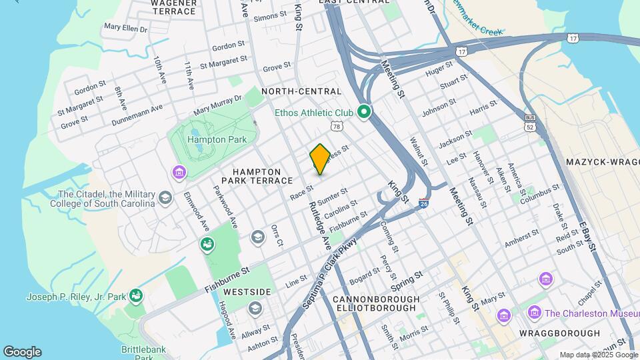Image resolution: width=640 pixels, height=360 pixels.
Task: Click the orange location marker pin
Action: tap(320, 159)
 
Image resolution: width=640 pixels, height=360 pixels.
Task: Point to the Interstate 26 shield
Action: tap(423, 205)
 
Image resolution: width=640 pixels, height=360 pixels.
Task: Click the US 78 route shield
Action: tap(335, 125)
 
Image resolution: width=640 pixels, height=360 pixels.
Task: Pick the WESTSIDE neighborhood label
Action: tap(247, 292)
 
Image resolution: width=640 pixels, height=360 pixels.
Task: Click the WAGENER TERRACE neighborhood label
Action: tap(173, 7)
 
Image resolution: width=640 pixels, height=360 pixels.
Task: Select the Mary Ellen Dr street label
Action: tap(125, 28)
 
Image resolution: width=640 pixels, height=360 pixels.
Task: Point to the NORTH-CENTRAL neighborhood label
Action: tap(301, 91)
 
